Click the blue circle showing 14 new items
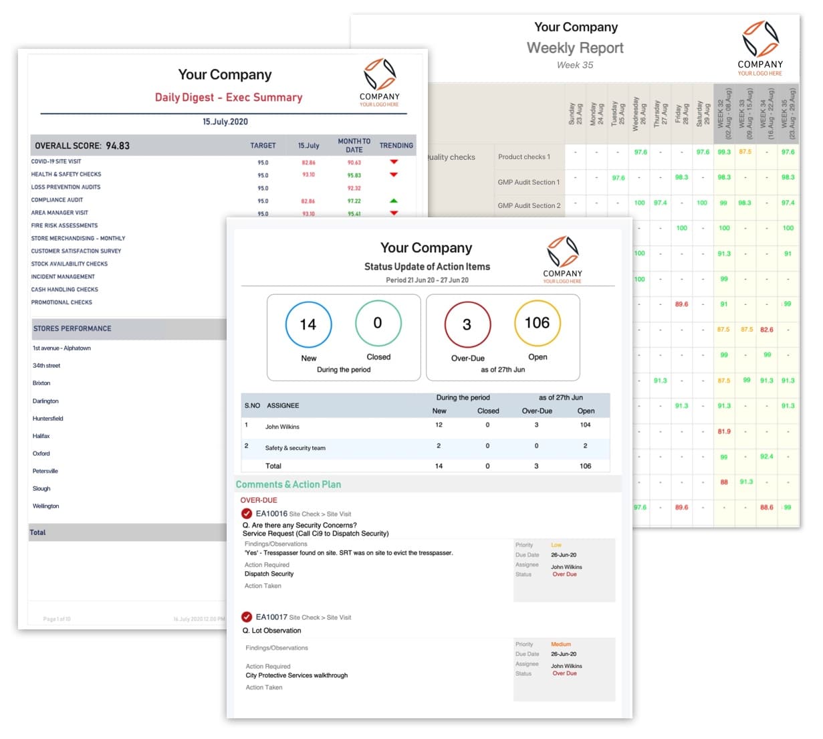308,324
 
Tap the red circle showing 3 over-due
467,324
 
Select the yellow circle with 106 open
537,323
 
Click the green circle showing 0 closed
378,323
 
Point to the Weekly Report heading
575,48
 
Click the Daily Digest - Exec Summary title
229,97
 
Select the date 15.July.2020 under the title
225,122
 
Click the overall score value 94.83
118,146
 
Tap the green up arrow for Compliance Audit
394,201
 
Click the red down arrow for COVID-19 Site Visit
394,162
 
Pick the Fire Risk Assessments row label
64,225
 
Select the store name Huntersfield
48,419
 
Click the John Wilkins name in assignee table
282,427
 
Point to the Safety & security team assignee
295,448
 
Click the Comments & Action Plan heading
288,484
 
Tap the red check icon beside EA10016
247,514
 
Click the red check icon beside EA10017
247,617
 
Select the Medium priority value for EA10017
561,645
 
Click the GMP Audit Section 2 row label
529,205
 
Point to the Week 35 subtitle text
575,65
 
